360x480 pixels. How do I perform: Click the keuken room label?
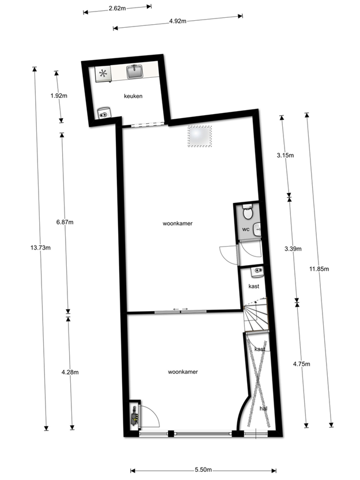coord(133,96)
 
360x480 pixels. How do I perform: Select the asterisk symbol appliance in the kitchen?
coord(103,74)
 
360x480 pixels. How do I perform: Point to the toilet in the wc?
coord(247,212)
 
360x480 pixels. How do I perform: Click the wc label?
coord(246,229)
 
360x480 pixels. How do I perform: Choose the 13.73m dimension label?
coord(40,248)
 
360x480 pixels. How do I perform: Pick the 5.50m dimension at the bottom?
coord(203,470)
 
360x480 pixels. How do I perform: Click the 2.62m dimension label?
coord(118,9)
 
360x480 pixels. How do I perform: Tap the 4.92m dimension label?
coord(178,21)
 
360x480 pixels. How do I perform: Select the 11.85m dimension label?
coord(319,269)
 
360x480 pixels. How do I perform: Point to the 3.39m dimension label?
coord(293,249)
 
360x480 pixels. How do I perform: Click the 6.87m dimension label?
coord(65,222)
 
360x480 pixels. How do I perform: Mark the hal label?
coord(263,409)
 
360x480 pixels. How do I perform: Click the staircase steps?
coord(256,315)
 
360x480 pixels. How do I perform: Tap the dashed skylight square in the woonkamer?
coord(200,136)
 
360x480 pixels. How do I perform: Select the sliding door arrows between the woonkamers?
coord(180,309)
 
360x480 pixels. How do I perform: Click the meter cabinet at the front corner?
coord(134,417)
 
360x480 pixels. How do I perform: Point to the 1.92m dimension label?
coord(59,96)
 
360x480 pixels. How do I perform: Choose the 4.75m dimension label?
coord(301,364)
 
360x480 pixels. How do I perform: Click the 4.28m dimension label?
coord(70,372)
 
